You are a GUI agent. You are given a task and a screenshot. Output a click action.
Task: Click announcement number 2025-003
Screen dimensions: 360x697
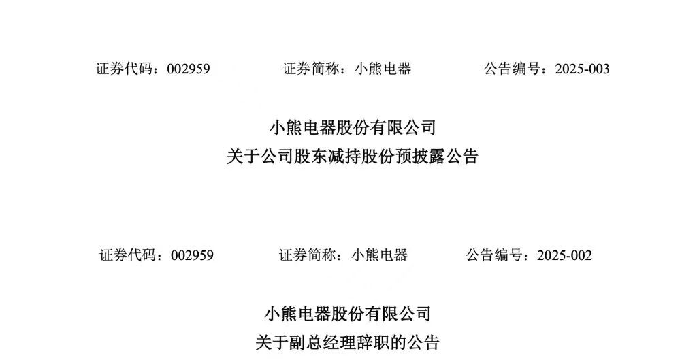point(582,69)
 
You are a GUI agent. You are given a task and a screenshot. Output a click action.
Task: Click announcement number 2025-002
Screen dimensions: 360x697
point(564,255)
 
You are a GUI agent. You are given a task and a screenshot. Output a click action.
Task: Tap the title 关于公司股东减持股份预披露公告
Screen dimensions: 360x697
point(353,157)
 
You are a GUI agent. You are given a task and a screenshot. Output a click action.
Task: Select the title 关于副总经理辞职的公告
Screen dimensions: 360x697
point(347,342)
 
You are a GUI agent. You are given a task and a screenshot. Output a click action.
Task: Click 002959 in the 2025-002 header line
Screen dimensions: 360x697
point(192,255)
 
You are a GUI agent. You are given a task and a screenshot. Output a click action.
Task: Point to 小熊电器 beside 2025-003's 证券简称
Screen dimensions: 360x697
point(383,69)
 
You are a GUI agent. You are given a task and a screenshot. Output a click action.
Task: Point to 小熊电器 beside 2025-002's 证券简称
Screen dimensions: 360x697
point(380,255)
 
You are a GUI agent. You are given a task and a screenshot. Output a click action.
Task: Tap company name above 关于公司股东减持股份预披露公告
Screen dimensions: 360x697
point(353,127)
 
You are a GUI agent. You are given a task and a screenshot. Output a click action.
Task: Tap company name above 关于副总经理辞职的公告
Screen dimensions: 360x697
point(347,314)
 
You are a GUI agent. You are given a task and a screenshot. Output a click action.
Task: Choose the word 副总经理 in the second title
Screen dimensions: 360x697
point(314,342)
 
